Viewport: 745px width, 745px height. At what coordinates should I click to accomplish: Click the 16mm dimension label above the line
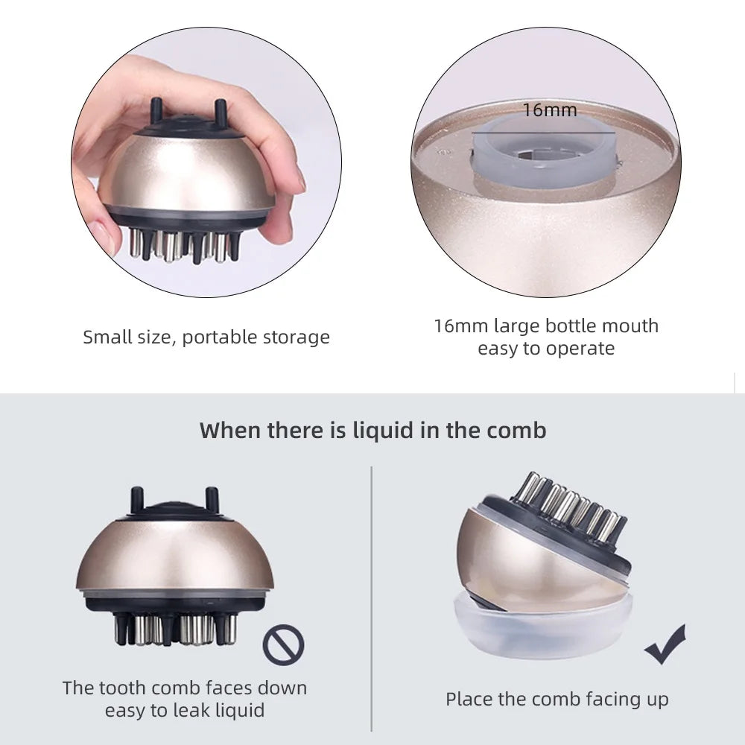coord(550,110)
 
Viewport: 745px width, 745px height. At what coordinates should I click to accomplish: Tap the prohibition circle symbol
coord(283,644)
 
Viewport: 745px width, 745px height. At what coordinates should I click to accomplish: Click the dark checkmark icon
coord(665,644)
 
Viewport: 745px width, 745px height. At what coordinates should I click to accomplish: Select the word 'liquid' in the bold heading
coord(382,431)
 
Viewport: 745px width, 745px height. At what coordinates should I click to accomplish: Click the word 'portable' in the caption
coord(220,337)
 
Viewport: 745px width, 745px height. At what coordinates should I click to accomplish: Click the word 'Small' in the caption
coord(107,337)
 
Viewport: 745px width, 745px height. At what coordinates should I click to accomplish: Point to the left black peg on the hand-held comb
coord(156,110)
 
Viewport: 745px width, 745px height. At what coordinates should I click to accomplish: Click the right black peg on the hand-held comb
coord(220,111)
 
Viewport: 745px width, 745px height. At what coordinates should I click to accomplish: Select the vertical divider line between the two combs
coord(372,599)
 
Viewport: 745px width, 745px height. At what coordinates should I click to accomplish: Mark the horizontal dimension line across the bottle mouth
coord(543,133)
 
